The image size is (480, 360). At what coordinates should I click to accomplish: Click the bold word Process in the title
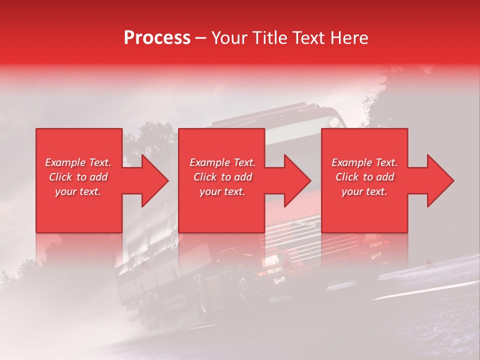(157, 38)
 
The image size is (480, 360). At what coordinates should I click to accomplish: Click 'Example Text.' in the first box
(78, 162)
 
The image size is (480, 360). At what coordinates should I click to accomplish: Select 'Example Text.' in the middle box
(222, 162)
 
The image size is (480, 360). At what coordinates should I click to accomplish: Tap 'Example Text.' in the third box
(364, 162)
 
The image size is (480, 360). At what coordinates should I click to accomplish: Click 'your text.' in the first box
(78, 191)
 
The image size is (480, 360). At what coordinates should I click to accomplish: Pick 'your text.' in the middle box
(222, 191)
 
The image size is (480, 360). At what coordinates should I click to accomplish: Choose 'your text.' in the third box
(364, 191)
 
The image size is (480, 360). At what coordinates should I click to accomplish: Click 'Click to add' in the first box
(78, 177)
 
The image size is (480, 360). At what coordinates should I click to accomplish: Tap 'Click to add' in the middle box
(222, 177)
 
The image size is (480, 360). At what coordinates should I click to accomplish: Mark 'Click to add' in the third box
(364, 177)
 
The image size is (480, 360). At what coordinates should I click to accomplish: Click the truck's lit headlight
(271, 260)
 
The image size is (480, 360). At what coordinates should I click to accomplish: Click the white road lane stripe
(425, 290)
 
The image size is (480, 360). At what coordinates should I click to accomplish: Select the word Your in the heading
(229, 38)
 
